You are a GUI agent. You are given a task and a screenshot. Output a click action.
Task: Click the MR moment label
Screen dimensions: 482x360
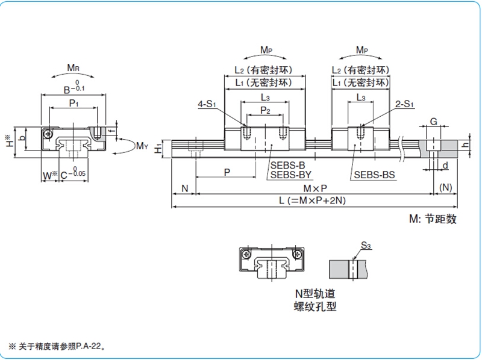73,67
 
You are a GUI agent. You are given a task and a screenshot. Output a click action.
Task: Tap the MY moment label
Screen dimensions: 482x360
142,146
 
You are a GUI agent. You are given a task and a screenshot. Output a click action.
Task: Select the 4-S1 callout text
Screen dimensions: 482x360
207,104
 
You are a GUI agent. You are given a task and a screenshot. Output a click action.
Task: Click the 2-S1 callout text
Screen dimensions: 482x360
404,104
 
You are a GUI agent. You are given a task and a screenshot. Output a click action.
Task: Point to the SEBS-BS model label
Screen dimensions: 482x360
374,175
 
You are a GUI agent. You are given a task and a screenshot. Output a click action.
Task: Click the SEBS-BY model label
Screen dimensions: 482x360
291,175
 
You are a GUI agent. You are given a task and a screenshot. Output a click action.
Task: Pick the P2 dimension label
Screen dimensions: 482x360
265,110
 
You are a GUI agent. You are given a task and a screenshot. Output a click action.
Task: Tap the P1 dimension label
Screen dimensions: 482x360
74,103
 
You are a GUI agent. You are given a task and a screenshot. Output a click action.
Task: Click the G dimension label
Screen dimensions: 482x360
433,122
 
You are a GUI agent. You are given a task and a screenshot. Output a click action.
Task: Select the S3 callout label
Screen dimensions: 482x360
366,246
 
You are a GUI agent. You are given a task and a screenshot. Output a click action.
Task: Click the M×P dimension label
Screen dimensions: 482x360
315,188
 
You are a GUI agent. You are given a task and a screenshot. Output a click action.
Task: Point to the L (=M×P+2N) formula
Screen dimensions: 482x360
312,200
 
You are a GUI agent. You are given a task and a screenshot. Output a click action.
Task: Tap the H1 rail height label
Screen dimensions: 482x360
158,149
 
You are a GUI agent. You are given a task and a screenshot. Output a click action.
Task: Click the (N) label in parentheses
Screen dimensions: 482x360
446,187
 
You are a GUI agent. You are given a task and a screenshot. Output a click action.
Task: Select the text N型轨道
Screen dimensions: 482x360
315,294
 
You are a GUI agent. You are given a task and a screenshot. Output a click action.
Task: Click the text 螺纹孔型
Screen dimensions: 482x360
315,306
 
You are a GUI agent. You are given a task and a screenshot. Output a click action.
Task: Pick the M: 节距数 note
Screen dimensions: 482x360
433,219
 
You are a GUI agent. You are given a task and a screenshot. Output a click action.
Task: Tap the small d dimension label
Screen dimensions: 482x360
445,166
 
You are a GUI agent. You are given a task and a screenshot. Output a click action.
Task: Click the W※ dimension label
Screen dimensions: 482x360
50,176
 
